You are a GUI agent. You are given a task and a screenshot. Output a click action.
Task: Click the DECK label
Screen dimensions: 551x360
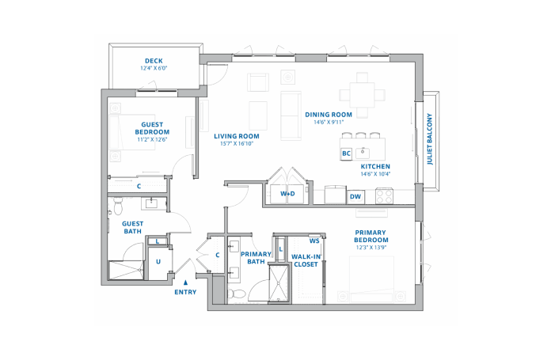[154, 61]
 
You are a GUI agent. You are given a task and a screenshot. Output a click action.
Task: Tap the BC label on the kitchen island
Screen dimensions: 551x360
[346, 153]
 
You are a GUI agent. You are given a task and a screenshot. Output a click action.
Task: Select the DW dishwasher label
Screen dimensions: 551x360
[355, 197]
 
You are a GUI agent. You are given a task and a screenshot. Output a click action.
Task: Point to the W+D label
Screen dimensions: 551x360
[287, 194]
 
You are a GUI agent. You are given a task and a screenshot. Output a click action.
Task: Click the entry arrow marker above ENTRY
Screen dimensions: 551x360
[185, 282]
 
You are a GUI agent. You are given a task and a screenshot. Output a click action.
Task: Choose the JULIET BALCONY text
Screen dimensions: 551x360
[430, 138]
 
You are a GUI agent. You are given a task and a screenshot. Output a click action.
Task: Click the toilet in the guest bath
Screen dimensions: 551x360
[117, 207]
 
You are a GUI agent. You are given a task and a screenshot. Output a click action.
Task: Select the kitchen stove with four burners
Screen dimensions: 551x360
[384, 196]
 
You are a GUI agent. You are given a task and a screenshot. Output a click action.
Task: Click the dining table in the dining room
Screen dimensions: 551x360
[362, 95]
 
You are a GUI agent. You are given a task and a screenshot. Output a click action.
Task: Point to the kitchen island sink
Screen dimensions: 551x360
[363, 153]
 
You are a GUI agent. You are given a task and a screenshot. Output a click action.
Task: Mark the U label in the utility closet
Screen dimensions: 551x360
[158, 262]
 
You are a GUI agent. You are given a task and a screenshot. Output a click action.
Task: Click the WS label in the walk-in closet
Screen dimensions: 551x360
[314, 241]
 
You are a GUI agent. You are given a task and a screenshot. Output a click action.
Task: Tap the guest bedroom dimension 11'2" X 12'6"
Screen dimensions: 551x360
[152, 139]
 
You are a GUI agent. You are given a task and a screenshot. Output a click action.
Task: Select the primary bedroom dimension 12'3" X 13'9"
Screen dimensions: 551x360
[371, 248]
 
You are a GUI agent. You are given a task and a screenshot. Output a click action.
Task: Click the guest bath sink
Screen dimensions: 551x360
[152, 203]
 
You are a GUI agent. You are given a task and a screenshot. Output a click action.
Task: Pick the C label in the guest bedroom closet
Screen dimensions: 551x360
[139, 186]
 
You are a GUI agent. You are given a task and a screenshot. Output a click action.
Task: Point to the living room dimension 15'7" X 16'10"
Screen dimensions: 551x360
[237, 144]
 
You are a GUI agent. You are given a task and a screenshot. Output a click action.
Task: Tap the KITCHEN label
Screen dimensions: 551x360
[375, 166]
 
